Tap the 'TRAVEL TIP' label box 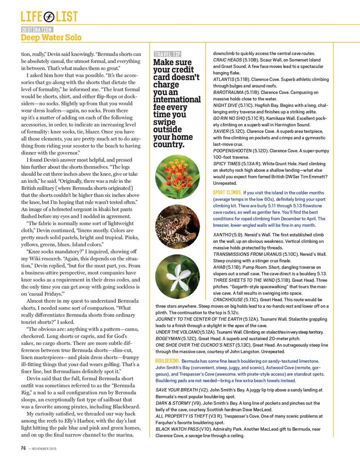coord(168,54)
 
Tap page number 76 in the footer coord(23,448)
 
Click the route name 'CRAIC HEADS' coord(228,60)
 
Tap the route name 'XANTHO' coord(222,235)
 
